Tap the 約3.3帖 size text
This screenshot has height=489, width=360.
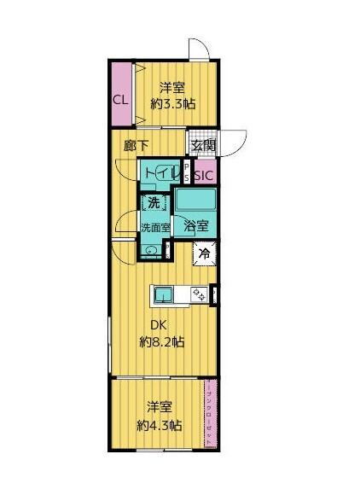click(175, 104)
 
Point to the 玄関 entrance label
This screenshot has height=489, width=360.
click(203, 146)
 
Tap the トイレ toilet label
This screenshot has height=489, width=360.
click(160, 174)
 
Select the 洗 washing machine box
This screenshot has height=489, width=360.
click(154, 203)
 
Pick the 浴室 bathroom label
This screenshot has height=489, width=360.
click(196, 227)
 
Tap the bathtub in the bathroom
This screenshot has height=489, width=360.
click(197, 203)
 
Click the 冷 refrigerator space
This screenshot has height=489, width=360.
click(205, 253)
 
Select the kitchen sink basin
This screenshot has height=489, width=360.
click(165, 295)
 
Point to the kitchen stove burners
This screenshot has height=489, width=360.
click(198, 295)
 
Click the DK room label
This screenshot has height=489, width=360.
click(158, 324)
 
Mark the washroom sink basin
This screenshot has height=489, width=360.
click(150, 249)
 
